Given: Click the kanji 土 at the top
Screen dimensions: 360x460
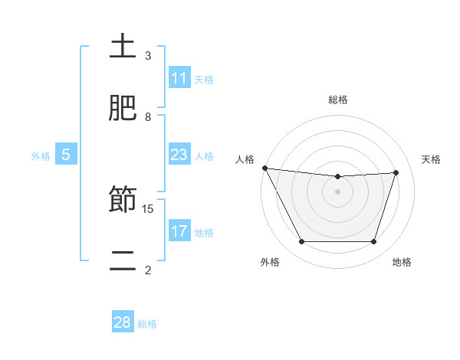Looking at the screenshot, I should tap(123, 47).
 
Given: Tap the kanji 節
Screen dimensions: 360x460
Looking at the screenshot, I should tap(123, 199).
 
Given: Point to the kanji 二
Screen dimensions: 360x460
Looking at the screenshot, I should tap(123, 260).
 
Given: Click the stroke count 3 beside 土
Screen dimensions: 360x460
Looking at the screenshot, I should tap(148, 56).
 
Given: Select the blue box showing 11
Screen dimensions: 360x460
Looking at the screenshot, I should tap(179, 78).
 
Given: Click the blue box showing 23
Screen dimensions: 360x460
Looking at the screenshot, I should tap(179, 155).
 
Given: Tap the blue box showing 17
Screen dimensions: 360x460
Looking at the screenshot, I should tap(179, 231).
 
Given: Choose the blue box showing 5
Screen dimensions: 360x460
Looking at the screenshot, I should tap(65, 155).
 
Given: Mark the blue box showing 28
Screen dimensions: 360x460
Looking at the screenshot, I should tap(123, 322).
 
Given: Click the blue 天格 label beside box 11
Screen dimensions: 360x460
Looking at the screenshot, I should tap(204, 79).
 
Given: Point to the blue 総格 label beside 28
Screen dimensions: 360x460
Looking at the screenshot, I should tap(147, 323).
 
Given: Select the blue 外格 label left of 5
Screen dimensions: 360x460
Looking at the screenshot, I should tap(41, 155).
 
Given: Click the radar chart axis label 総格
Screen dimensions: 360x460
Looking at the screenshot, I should tap(338, 100).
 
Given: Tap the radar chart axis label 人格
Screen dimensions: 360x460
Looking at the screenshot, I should tap(245, 159).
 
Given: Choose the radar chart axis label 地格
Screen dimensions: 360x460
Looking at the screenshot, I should tap(402, 262).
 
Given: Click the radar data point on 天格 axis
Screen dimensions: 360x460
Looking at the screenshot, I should tap(396, 172).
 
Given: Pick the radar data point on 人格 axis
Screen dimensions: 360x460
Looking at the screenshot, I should tap(264, 168).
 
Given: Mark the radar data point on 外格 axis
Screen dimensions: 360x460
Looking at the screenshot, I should tap(301, 242).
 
